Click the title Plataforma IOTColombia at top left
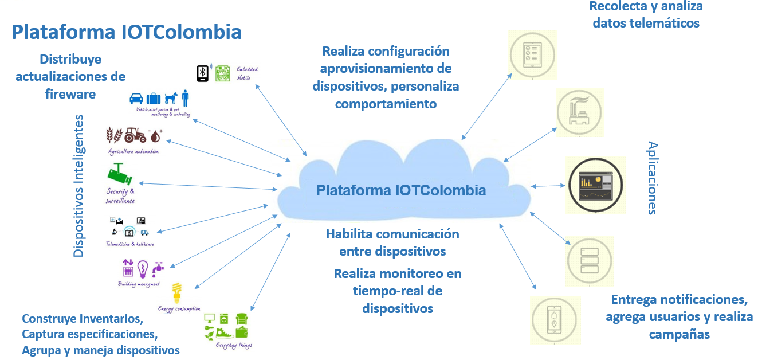tap(127, 32)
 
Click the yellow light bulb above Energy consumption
tap(178, 292)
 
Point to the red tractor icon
tap(135, 135)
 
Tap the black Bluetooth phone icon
tap(202, 73)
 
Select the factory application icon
tap(580, 113)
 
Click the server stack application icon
tap(590, 261)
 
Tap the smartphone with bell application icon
tap(554, 320)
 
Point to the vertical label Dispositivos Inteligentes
tap(79, 186)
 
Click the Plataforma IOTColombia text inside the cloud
tap(401, 190)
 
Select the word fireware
tap(70, 93)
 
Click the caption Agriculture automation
tap(133, 151)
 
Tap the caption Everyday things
tap(234, 345)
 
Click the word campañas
tap(680, 334)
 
